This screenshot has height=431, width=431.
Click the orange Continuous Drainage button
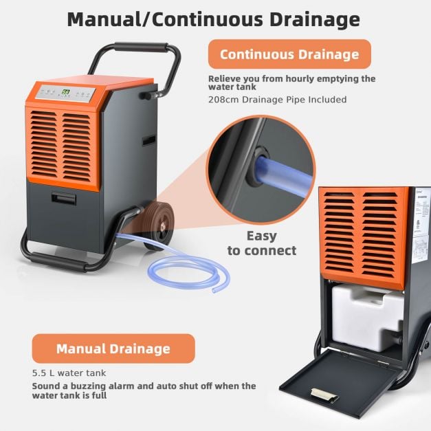coord(289,54)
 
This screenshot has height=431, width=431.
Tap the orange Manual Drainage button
coord(113,349)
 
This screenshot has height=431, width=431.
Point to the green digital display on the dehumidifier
coord(66,92)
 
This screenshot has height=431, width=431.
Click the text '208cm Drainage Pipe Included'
coord(277,100)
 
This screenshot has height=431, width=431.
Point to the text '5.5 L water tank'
coord(69,373)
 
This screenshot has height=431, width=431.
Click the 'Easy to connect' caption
coord(261,243)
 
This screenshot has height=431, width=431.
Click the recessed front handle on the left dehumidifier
coord(65,199)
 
